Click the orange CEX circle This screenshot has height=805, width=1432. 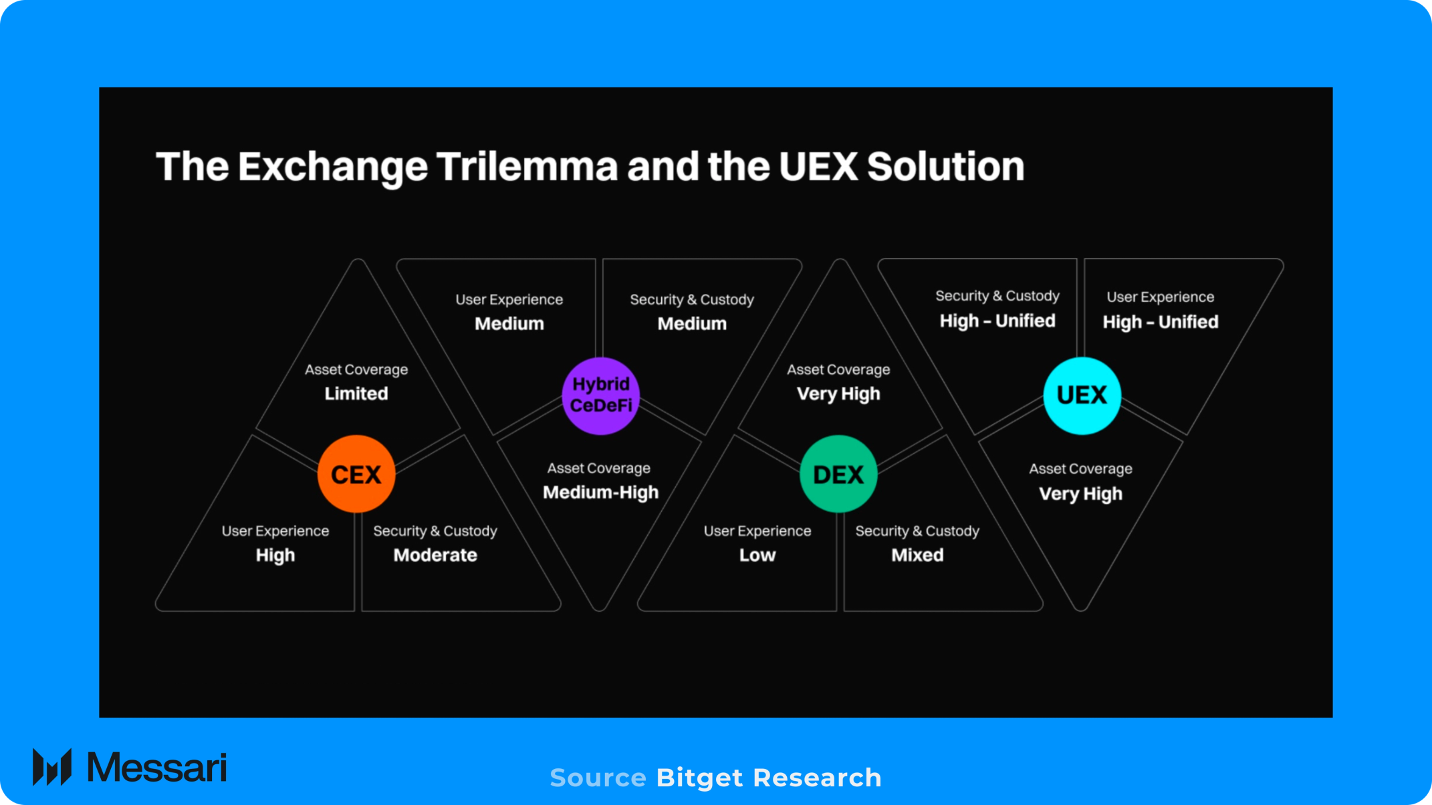[x=356, y=474]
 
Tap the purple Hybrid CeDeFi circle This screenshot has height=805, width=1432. [x=600, y=395]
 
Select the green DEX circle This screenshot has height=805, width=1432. [x=838, y=474]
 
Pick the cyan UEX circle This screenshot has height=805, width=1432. [x=1082, y=395]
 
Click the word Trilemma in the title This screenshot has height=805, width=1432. [x=527, y=166]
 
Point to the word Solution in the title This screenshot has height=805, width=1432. [x=945, y=166]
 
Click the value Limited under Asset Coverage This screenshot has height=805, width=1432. [x=356, y=393]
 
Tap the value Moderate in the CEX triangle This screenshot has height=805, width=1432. [x=435, y=555]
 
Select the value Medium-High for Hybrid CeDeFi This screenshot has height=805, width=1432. [x=600, y=492]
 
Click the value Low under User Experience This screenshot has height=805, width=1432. [x=757, y=555]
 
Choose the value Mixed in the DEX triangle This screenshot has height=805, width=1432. [x=917, y=555]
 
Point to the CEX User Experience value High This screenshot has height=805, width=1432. [x=275, y=555]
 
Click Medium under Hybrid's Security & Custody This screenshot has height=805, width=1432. [x=692, y=324]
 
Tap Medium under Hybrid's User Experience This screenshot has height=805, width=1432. [x=509, y=324]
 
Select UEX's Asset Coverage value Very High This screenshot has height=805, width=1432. [x=1080, y=494]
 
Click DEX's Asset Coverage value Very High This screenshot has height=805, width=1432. [x=838, y=393]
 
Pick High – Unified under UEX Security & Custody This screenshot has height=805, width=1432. [x=997, y=321]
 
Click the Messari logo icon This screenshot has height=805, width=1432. [x=52, y=767]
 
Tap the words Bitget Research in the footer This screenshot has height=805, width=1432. [x=769, y=778]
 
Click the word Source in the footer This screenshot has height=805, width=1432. [x=598, y=778]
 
